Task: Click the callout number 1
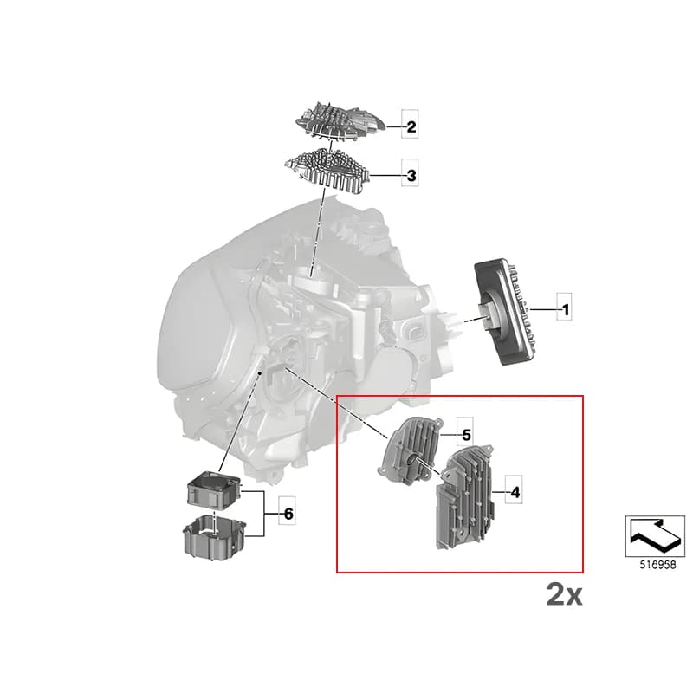(566, 309)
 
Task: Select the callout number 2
(411, 126)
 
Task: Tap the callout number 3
(411, 176)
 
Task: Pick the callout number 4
(515, 492)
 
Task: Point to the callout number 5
(467, 436)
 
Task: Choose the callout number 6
(288, 514)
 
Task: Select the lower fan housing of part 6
(214, 534)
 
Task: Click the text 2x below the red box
(565, 594)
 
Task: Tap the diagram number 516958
(657, 565)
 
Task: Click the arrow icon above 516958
(655, 535)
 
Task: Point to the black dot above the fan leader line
(260, 373)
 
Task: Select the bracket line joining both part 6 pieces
(264, 514)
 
